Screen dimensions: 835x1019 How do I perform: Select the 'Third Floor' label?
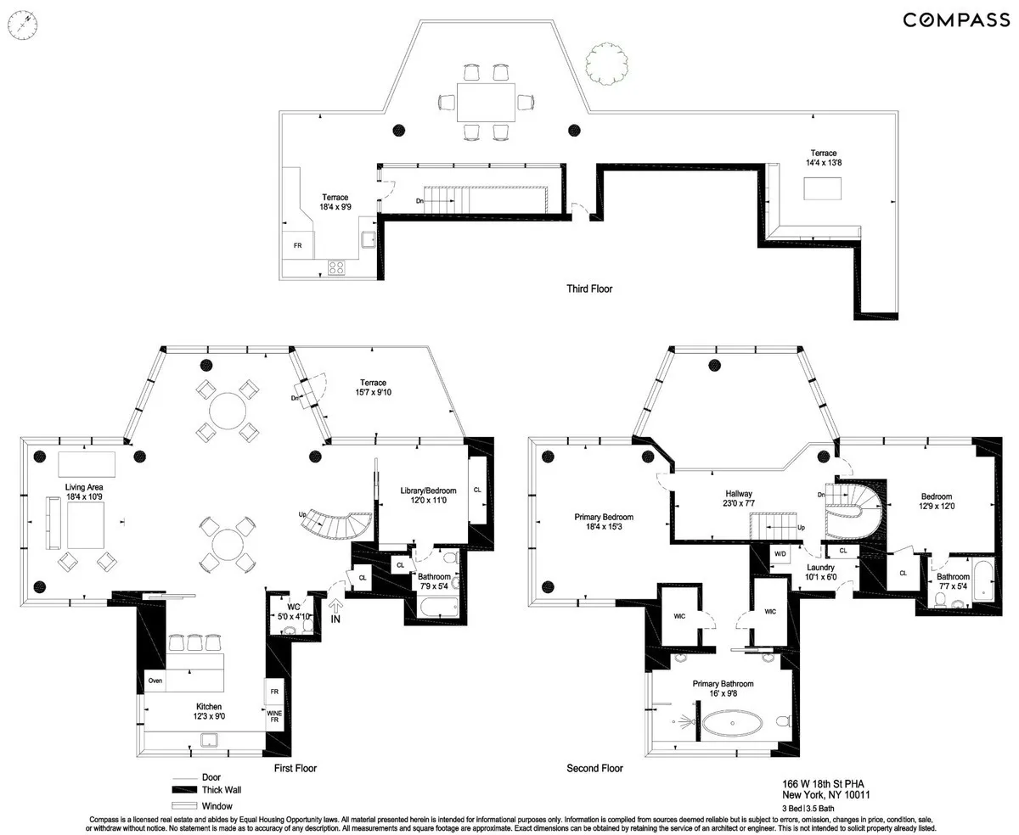589,289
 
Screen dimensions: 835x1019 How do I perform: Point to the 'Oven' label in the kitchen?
155,681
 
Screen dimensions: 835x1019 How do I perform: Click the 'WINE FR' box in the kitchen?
274,719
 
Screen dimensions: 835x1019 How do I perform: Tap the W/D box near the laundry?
780,553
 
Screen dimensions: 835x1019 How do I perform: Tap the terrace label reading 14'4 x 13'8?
823,158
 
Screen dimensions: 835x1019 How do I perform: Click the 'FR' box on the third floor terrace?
297,245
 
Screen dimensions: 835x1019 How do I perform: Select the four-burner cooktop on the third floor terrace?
336,266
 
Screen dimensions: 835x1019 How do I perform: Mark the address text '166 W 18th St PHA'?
825,784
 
